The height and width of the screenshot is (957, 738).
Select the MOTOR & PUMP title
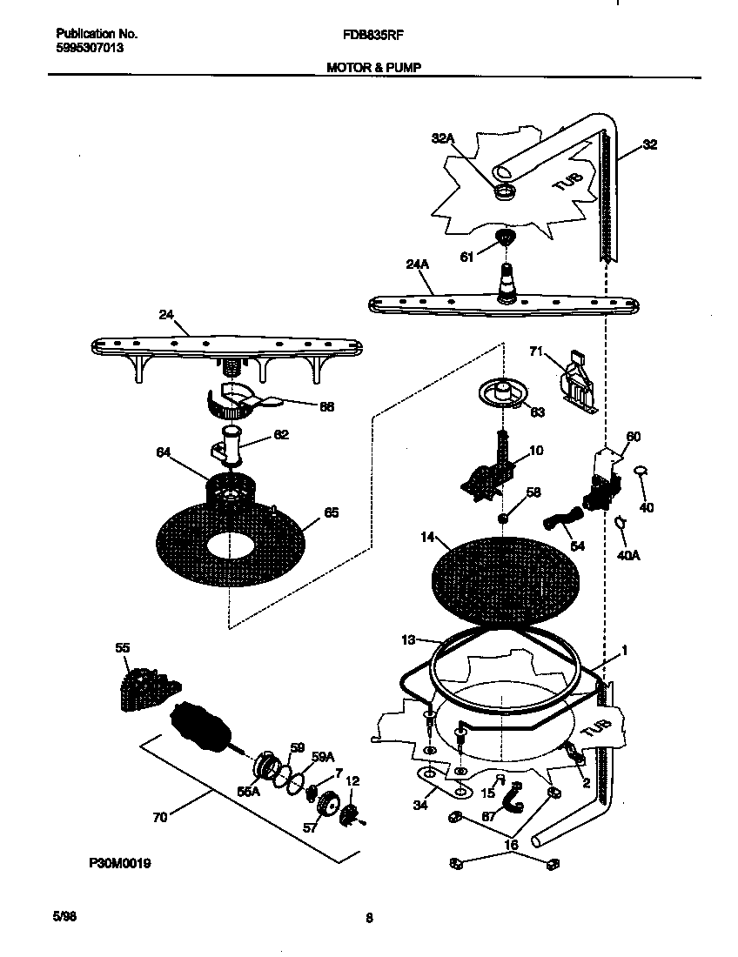pyautogui.click(x=373, y=66)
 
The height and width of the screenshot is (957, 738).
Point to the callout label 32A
pyautogui.click(x=443, y=137)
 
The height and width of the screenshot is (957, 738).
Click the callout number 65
pyautogui.click(x=332, y=512)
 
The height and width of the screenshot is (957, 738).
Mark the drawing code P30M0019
pyautogui.click(x=120, y=864)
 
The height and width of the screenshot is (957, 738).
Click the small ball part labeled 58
pyautogui.click(x=503, y=519)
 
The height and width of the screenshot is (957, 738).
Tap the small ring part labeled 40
pyautogui.click(x=641, y=471)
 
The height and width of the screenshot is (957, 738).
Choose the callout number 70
pyautogui.click(x=161, y=817)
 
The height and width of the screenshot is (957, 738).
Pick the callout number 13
pyautogui.click(x=408, y=639)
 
